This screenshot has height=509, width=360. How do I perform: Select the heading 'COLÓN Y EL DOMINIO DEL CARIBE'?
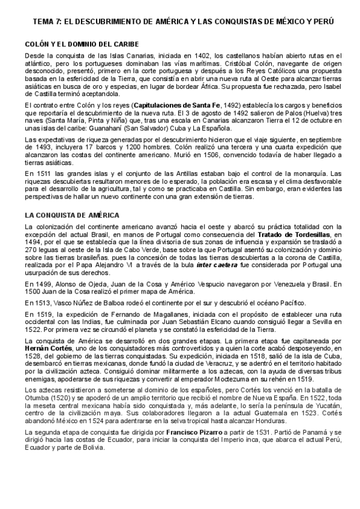(x=82, y=44)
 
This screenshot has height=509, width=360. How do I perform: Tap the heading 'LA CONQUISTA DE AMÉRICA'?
(x=73, y=214)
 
